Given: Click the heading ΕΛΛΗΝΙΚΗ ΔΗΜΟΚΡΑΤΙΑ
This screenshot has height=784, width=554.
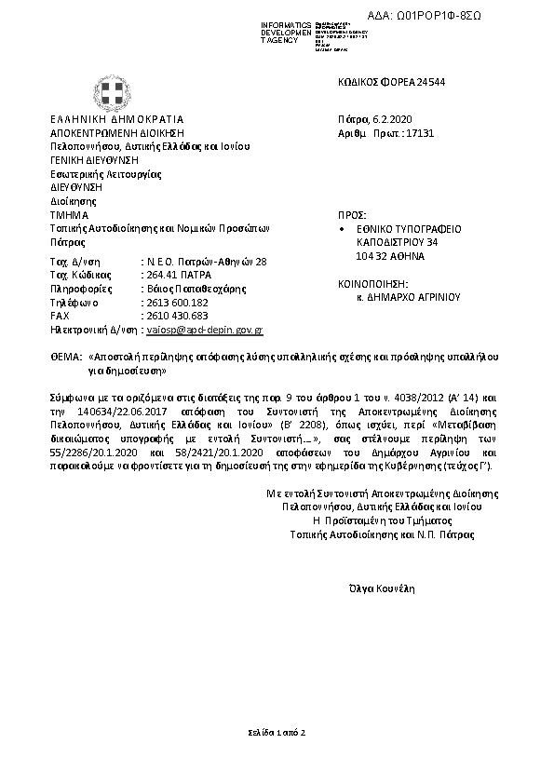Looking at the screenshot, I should pyautogui.click(x=116, y=119).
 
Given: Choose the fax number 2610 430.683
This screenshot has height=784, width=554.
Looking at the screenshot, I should pyautogui.click(x=173, y=316).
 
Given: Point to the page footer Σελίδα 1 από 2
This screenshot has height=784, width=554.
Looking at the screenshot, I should pyautogui.click(x=277, y=734).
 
